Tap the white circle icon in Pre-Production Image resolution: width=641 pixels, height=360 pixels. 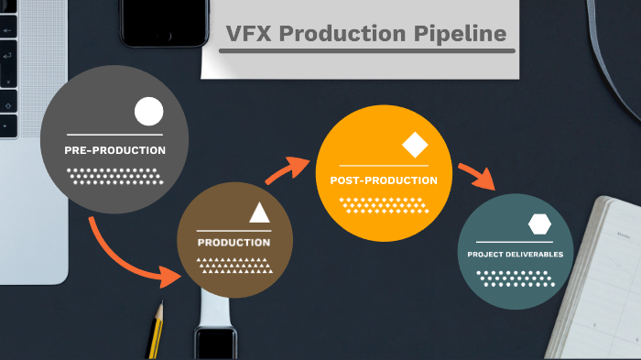148,112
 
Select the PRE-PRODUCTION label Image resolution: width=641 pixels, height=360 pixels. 114,149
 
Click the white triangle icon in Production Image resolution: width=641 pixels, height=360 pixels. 259,213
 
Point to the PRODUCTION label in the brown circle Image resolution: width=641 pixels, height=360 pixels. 234,243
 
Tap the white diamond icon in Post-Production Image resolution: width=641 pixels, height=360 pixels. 415,146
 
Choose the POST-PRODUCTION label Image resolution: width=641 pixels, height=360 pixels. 384,180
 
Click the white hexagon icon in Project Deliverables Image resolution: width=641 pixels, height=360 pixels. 538,224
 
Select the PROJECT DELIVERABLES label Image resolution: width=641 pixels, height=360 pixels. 515,254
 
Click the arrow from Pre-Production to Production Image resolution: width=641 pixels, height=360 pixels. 128,256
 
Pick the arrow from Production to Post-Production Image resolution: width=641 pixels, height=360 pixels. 287,170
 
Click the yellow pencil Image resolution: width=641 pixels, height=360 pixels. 157,331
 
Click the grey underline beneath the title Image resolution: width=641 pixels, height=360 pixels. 366,51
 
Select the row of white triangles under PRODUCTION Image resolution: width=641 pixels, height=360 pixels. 235,266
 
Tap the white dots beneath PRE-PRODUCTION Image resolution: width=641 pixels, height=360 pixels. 114,175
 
